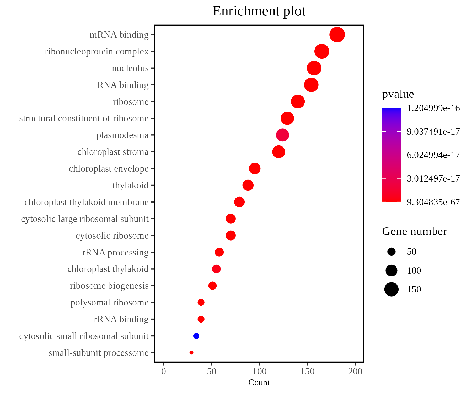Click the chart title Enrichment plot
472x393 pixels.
coord(259,11)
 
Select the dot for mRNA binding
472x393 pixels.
coord(337,35)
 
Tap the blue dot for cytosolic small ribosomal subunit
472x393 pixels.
coord(196,336)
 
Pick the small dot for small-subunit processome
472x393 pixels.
coord(191,353)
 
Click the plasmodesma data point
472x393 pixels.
coord(282,135)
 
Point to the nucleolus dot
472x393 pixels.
coord(314,68)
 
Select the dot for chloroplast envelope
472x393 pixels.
coord(255,168)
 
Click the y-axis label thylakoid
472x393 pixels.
coord(130,185)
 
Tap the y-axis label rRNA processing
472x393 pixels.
coord(115,252)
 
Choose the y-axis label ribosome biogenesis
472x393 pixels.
coord(109,286)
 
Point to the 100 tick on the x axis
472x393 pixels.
coord(259,371)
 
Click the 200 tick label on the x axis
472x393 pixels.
coord(355,371)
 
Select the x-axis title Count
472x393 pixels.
coord(259,383)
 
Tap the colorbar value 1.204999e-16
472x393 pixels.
coord(433,108)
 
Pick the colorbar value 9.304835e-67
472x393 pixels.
coord(433,202)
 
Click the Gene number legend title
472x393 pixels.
coord(414,232)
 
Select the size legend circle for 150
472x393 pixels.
coord(391,289)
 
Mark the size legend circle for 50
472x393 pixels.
coord(391,252)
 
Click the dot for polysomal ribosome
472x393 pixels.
coord(201,303)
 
